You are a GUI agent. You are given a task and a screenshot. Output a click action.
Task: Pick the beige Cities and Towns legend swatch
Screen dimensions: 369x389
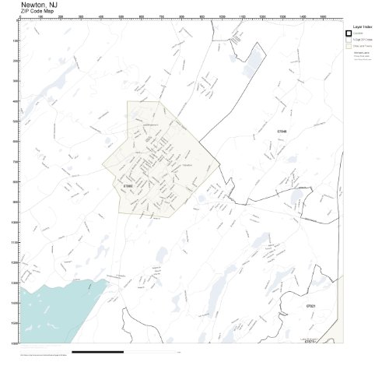[349, 45]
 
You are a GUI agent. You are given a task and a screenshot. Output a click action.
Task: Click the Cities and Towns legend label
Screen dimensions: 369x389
[363, 45]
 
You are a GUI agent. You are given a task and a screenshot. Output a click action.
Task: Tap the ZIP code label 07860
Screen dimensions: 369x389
[128, 186]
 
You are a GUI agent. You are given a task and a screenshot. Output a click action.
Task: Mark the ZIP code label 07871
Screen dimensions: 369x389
[309, 341]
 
